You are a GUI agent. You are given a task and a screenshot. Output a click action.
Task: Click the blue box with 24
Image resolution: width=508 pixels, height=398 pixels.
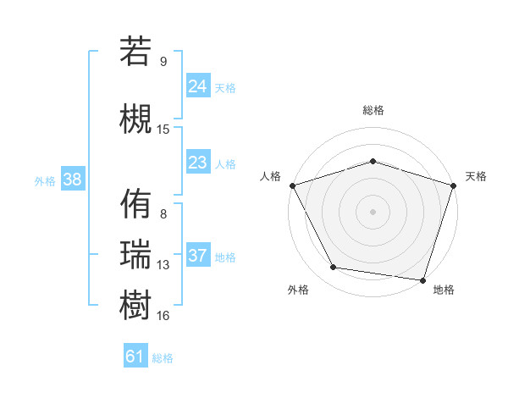point(198,86)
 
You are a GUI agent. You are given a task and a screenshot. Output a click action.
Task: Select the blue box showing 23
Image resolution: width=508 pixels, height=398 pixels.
point(198,163)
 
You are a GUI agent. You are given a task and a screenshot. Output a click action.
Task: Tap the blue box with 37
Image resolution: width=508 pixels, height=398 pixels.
point(198,256)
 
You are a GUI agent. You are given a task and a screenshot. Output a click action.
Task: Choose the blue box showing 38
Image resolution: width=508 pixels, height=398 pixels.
point(72,180)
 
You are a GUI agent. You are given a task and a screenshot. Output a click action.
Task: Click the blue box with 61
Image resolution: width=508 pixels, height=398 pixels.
point(135,357)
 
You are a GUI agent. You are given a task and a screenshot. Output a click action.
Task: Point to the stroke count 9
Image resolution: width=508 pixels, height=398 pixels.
point(163,61)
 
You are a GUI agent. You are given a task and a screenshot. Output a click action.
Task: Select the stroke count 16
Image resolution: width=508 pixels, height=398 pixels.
point(163,315)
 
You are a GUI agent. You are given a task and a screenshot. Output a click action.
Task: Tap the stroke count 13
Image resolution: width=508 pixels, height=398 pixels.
point(163,264)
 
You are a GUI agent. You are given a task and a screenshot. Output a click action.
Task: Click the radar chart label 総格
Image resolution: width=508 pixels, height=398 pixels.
point(373,110)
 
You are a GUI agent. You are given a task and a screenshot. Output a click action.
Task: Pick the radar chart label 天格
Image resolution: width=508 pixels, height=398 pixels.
point(476,176)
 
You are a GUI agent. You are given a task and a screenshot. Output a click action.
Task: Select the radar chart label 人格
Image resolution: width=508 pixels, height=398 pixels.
point(271,176)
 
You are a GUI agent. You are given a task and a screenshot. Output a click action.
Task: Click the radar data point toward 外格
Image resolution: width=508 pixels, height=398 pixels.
point(334,268)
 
